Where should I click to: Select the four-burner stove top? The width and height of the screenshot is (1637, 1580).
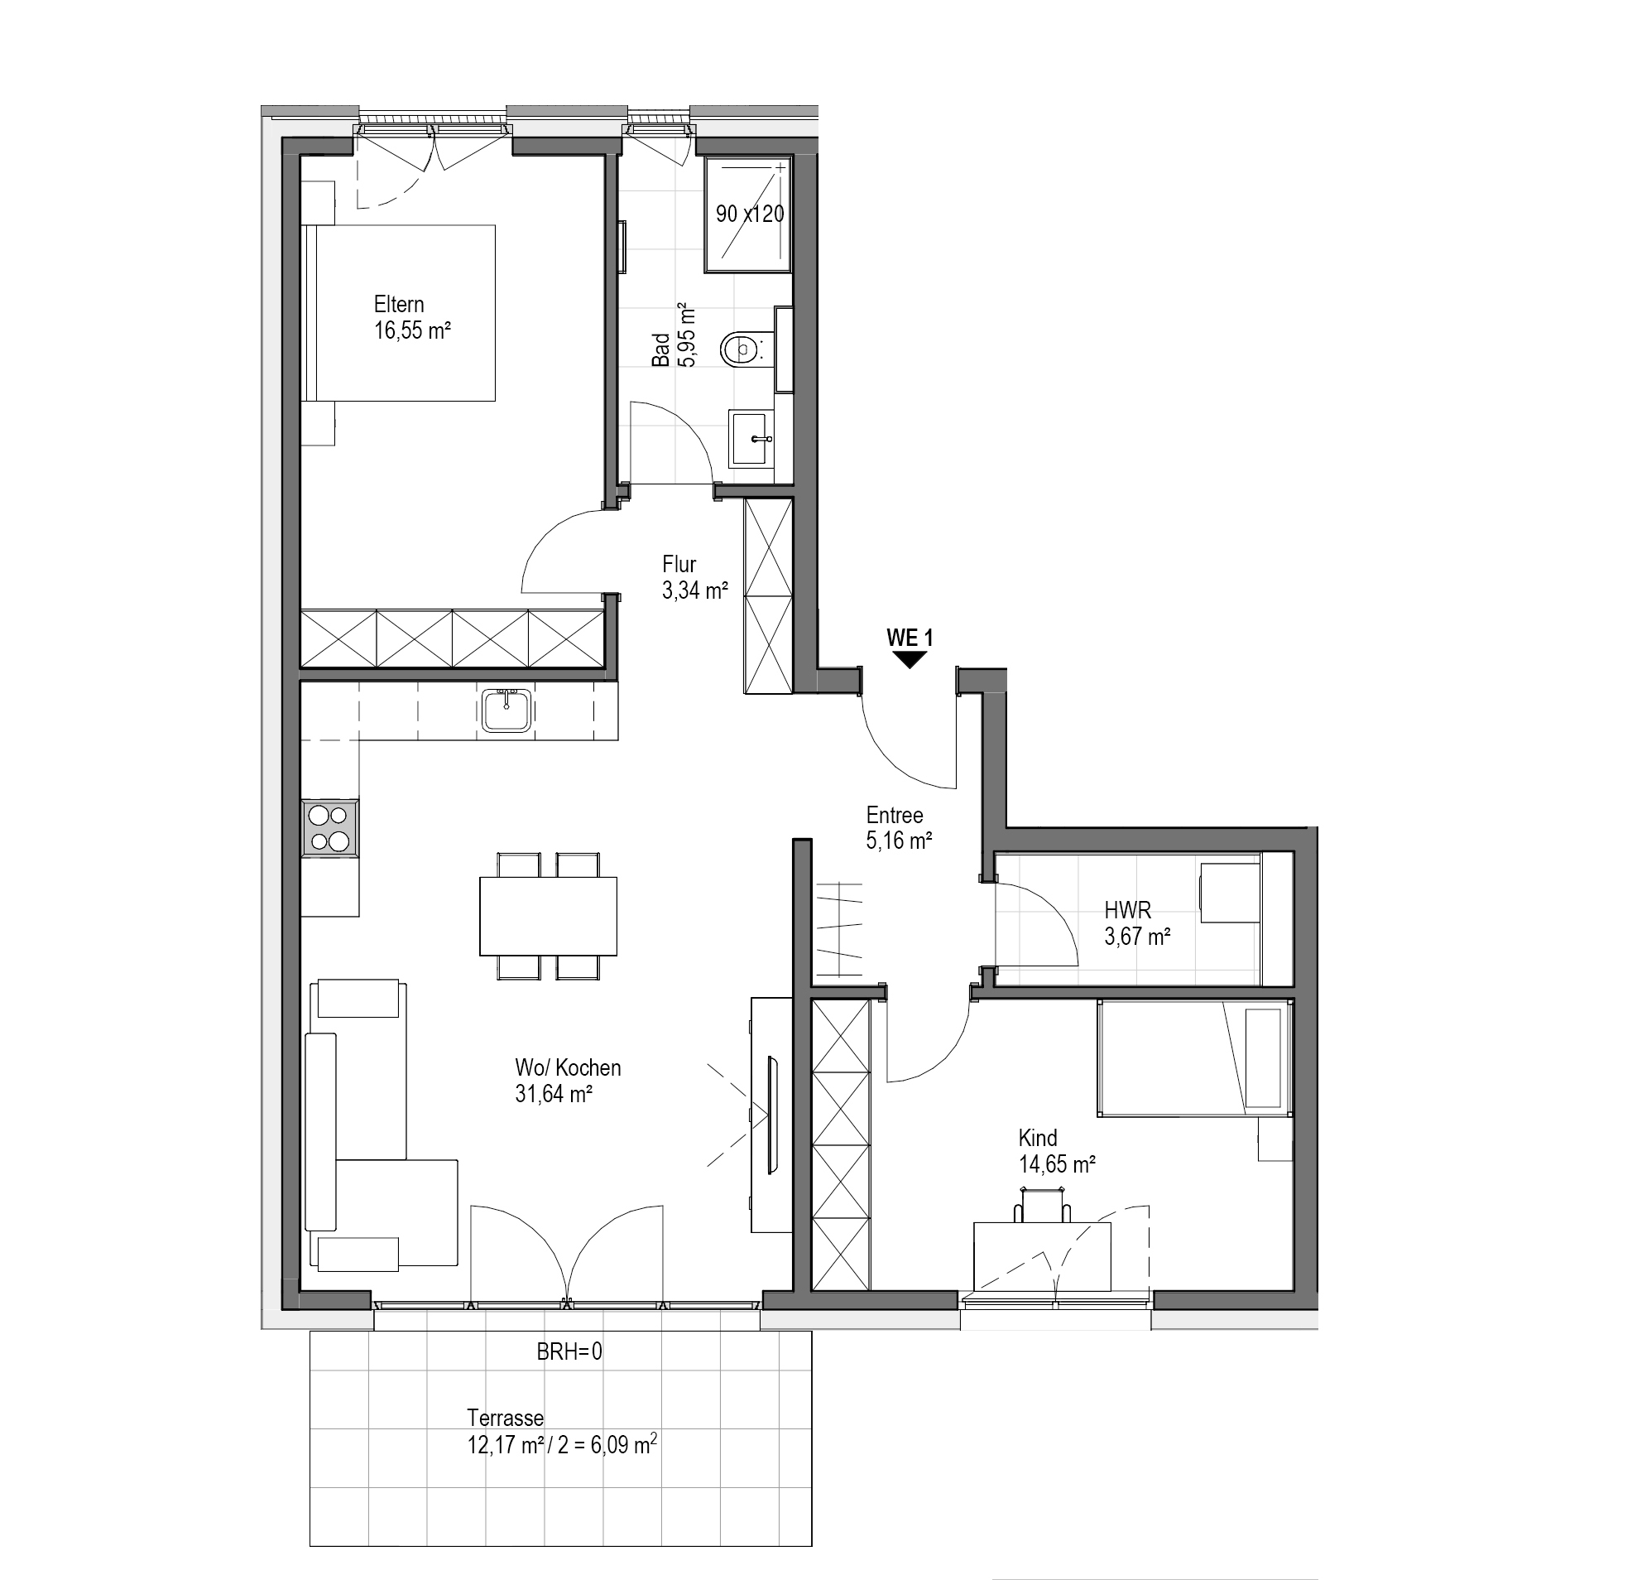tap(330, 828)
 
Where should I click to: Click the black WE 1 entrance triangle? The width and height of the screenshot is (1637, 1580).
tap(910, 660)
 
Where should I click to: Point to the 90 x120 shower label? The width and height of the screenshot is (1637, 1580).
tap(750, 214)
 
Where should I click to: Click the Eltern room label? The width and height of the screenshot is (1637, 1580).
tap(399, 304)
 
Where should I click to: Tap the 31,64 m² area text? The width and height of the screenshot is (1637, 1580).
tap(554, 1094)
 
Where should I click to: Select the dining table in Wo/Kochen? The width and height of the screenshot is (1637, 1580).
tap(548, 916)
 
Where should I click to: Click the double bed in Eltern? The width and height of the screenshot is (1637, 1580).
tap(399, 312)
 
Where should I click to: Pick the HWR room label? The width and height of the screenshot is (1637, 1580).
tap(1127, 910)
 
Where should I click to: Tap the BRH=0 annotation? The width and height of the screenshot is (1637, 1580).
tap(569, 1351)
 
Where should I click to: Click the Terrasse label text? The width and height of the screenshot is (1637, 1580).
tap(506, 1418)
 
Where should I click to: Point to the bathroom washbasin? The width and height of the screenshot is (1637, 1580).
tap(751, 439)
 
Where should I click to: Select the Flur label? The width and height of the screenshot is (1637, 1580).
tap(679, 564)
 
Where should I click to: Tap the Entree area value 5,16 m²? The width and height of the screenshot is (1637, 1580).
tap(899, 841)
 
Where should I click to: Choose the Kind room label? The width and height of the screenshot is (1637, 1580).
tap(1037, 1138)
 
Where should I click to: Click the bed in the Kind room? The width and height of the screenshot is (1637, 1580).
tap(1195, 1058)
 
